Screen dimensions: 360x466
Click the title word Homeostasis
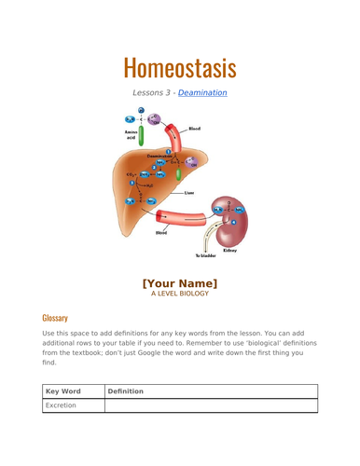pyautogui.click(x=179, y=68)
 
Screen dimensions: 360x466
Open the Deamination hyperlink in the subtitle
pyautogui.click(x=202, y=92)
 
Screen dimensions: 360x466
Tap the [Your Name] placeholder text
pyautogui.click(x=179, y=283)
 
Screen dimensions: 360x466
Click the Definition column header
pyautogui.click(x=125, y=391)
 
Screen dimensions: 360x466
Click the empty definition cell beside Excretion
pyautogui.click(x=210, y=405)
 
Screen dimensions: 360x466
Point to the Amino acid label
pyautogui.click(x=132, y=135)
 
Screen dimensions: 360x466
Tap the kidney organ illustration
pyautogui.click(x=230, y=220)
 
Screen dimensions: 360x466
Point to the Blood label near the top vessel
pyautogui.click(x=194, y=129)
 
